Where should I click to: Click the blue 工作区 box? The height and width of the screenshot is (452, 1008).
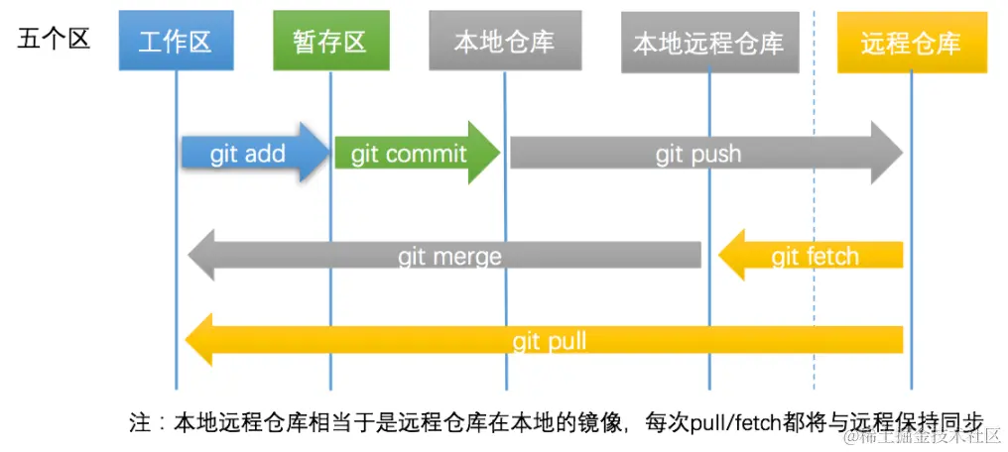[176, 42]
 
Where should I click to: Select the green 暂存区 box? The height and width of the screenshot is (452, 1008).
[329, 42]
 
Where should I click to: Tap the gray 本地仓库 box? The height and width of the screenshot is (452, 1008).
[504, 42]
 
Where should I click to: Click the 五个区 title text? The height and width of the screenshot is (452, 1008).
[54, 40]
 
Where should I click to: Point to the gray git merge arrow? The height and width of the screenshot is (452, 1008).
[448, 256]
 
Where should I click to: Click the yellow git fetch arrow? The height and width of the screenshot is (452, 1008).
[814, 256]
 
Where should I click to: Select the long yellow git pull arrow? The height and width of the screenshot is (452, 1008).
[548, 341]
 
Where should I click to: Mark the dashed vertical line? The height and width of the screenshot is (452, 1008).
[814, 198]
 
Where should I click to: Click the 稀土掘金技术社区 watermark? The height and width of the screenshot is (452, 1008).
[922, 436]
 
